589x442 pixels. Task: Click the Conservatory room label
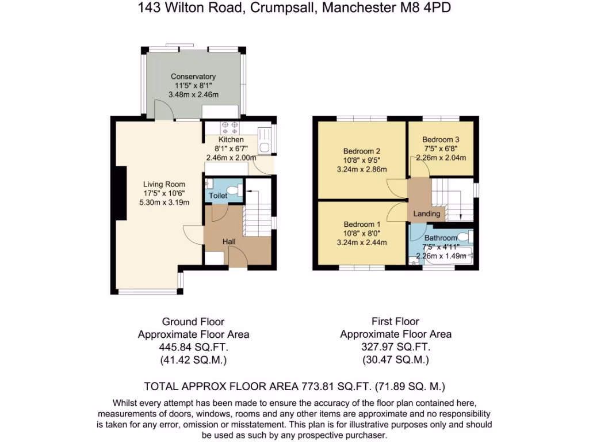pyautogui.click(x=193, y=77)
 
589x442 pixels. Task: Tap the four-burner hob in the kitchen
pyautogui.click(x=230, y=128)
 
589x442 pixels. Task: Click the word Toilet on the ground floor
pyautogui.click(x=218, y=196)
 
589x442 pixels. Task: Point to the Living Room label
pyautogui.click(x=164, y=184)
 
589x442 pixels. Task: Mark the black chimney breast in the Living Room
pyautogui.click(x=122, y=193)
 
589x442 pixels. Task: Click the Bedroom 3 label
pyautogui.click(x=440, y=139)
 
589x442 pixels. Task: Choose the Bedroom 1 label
pyautogui.click(x=361, y=224)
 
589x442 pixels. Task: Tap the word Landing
pyautogui.click(x=426, y=214)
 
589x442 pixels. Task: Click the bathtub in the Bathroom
pyautogui.click(x=446, y=261)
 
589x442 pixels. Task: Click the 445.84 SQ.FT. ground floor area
pyautogui.click(x=193, y=348)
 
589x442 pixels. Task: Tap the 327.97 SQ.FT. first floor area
pyautogui.click(x=396, y=347)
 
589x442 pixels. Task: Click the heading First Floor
pyautogui.click(x=396, y=321)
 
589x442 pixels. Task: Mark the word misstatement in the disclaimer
pyautogui.click(x=256, y=425)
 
